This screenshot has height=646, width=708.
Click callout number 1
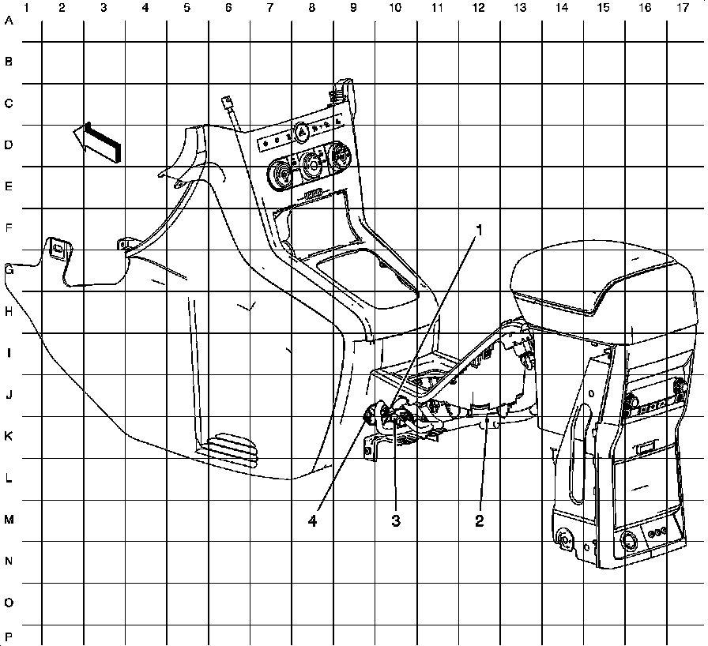[x=478, y=230]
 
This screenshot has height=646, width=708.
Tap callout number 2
[x=478, y=520]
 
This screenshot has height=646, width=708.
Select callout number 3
[x=396, y=520]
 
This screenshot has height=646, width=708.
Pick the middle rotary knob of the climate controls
[x=311, y=165]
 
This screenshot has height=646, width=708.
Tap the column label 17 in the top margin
[x=682, y=8]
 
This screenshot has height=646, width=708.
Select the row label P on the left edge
[x=9, y=636]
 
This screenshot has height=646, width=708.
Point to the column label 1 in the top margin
[x=27, y=8]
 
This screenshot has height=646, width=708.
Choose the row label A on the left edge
[x=9, y=22]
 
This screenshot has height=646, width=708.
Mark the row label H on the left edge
[x=9, y=311]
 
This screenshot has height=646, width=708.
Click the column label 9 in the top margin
[x=352, y=8]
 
